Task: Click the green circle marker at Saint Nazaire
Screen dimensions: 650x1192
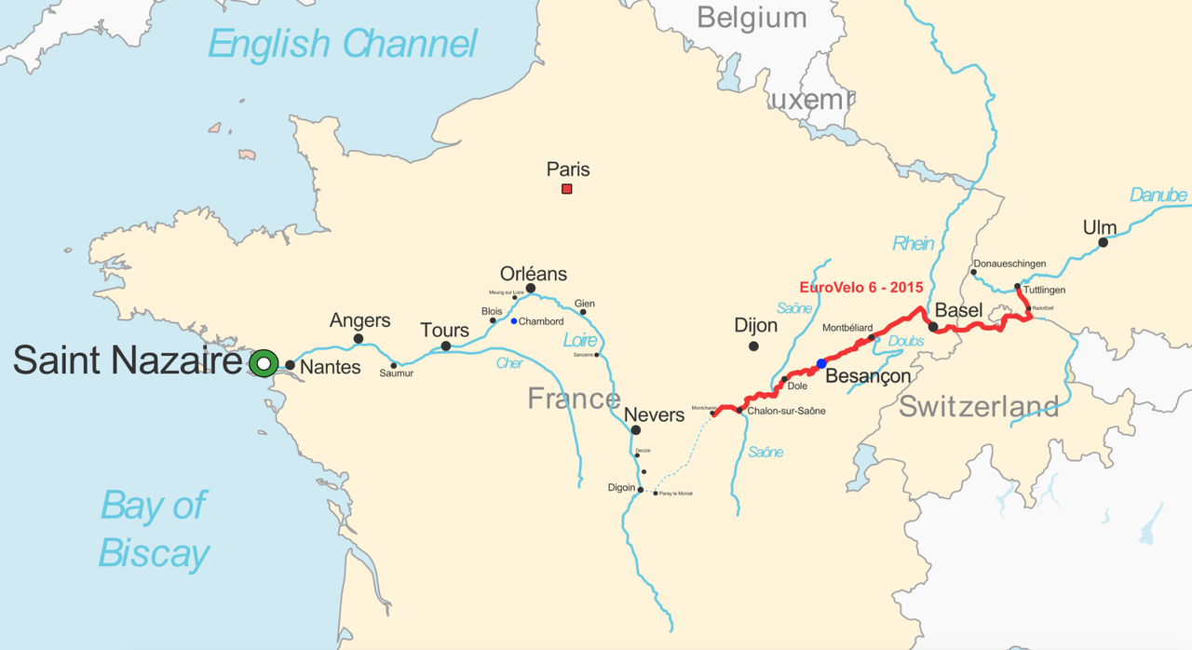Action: click(264, 363)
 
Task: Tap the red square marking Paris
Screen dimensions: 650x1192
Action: click(566, 189)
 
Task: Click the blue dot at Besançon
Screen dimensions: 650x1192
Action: click(820, 363)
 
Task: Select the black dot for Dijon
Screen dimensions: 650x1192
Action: click(753, 346)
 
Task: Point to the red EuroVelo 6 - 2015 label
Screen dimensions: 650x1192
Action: click(861, 288)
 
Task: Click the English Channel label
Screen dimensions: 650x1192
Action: click(342, 44)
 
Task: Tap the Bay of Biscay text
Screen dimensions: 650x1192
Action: click(154, 529)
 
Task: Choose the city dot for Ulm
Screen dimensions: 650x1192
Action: click(1103, 242)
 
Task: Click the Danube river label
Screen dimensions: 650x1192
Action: click(1158, 195)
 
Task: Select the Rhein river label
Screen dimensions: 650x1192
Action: click(913, 243)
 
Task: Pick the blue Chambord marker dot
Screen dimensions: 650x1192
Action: click(513, 321)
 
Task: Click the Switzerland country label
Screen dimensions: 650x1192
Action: click(978, 406)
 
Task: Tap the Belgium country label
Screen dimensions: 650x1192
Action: click(751, 17)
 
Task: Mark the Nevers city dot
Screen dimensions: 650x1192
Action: click(635, 430)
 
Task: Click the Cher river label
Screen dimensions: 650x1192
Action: click(509, 363)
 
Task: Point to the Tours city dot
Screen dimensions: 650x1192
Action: click(445, 346)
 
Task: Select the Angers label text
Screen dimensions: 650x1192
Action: click(359, 320)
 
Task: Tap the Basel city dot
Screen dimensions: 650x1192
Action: click(933, 327)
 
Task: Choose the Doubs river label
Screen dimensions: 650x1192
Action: click(906, 342)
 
